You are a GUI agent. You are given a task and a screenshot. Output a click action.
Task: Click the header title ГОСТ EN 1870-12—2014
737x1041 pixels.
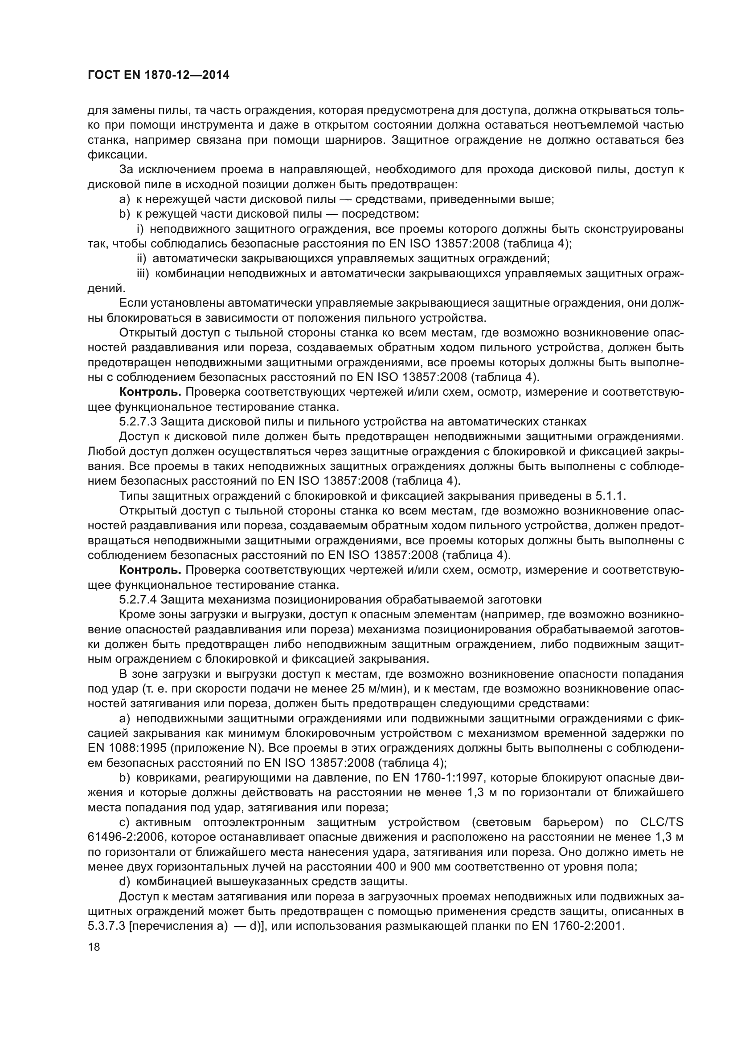coord(158,75)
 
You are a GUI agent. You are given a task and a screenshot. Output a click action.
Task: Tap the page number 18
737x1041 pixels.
coord(94,947)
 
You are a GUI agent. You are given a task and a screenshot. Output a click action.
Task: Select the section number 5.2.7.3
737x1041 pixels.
coord(138,421)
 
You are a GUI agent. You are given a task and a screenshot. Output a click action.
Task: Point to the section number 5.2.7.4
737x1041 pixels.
coord(138,600)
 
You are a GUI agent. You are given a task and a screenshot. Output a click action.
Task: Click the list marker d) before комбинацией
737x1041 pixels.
coord(125,882)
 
